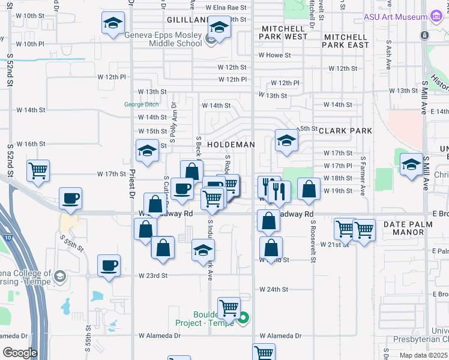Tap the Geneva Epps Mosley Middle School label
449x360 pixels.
163,39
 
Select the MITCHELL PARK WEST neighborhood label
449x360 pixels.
283,32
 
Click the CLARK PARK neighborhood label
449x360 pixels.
345,131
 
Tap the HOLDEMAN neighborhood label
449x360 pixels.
231,145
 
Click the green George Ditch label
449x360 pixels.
142,104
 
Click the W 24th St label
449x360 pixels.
274,289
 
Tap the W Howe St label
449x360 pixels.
275,55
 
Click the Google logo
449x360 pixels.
20,353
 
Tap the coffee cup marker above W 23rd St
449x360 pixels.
109,265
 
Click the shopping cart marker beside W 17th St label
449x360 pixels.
38,170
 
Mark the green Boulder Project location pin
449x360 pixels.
243,317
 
